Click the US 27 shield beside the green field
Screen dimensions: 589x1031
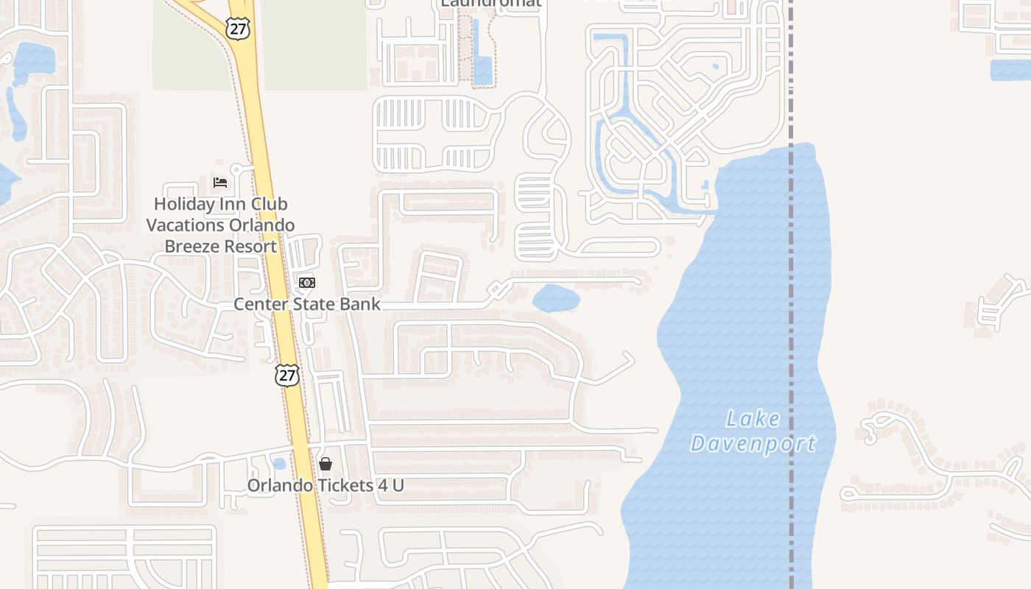239,29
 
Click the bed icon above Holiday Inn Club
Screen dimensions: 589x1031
219,182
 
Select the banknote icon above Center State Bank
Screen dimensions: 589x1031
307,283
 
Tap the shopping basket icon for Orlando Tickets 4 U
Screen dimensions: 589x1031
326,464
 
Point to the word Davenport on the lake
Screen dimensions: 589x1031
753,443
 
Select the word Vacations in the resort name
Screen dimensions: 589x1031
188,225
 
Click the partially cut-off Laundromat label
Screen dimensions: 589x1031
490,3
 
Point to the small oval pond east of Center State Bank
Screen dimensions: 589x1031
556,297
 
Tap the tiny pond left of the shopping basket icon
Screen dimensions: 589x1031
278,464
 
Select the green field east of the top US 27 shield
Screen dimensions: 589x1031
314,44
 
